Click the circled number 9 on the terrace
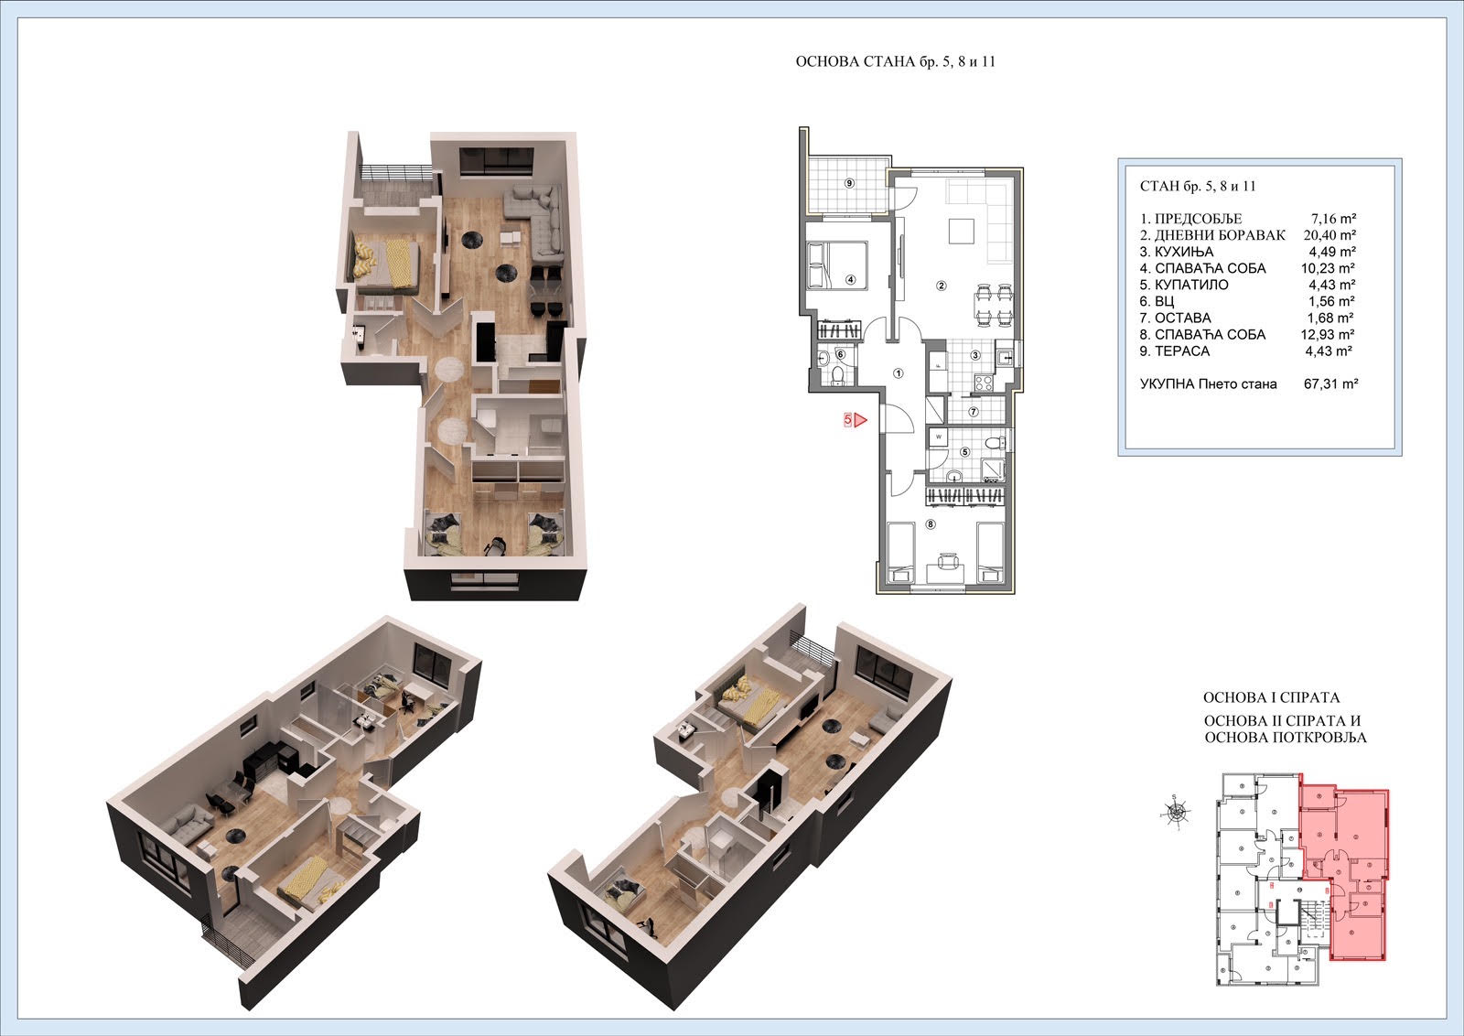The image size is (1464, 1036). tap(849, 183)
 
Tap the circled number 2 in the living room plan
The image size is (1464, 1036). tap(942, 285)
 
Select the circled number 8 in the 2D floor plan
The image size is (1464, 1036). tap(931, 523)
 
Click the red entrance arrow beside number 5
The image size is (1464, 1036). tap(860, 420)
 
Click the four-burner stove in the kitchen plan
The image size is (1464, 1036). tap(984, 383)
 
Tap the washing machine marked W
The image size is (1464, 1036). tap(939, 437)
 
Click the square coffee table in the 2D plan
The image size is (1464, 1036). tap(962, 231)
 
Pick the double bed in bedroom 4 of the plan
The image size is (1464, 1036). tap(837, 264)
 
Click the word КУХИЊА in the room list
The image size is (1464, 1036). tap(1184, 252)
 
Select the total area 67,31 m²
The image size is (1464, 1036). tap(1330, 383)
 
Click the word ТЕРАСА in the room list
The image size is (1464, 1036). tap(1182, 351)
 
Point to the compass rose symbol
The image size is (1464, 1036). tap(1177, 813)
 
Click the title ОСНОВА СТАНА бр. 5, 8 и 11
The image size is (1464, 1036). tap(896, 61)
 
